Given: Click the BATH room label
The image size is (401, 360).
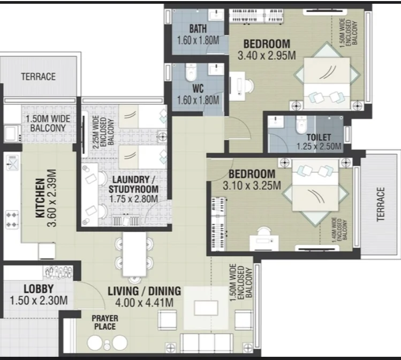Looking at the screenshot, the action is pyautogui.click(x=198, y=28).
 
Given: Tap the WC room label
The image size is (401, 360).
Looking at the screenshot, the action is pyautogui.click(x=198, y=89).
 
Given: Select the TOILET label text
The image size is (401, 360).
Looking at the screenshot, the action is pyautogui.click(x=319, y=137).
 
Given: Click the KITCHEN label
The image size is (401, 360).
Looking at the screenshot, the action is pyautogui.click(x=40, y=198).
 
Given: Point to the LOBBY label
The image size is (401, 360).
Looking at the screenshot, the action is pyautogui.click(x=39, y=289).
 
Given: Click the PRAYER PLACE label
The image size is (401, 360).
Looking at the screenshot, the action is pyautogui.click(x=105, y=323).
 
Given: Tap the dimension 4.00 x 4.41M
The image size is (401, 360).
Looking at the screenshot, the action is pyautogui.click(x=144, y=303).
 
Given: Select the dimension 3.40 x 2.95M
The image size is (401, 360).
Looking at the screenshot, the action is pyautogui.click(x=267, y=56).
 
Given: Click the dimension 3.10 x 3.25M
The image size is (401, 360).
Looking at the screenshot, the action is pyautogui.click(x=252, y=186).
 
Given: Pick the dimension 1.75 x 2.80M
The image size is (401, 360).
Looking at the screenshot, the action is pyautogui.click(x=133, y=199).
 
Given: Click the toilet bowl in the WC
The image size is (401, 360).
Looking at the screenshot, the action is pyautogui.click(x=190, y=72).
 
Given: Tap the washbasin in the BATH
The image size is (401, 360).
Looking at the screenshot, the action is pyautogui.click(x=216, y=16).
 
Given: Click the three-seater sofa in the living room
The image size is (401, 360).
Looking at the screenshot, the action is pyautogui.click(x=207, y=343).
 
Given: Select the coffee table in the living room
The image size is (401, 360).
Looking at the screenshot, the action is pyautogui.click(x=206, y=308).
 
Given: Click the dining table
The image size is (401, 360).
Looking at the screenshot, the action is pyautogui.click(x=134, y=254).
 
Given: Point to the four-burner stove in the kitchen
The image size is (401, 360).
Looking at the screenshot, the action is pyautogui.click(x=12, y=220).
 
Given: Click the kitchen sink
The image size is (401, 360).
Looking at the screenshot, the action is pyautogui.click(x=12, y=163).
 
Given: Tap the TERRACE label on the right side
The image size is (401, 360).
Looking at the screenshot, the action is pyautogui.click(x=381, y=204).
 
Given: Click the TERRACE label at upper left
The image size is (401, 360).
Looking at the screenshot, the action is pyautogui.click(x=39, y=76).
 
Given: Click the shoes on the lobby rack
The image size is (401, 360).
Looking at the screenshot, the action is pyautogui.click(x=58, y=272).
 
